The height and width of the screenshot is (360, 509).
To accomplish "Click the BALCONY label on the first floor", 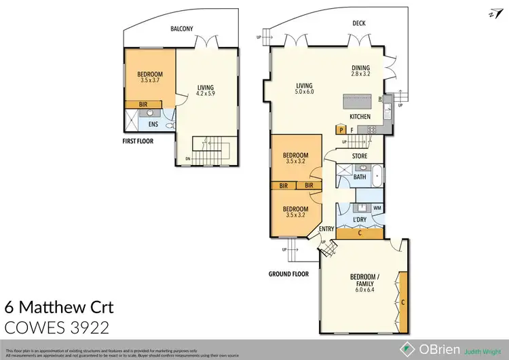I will (183, 28).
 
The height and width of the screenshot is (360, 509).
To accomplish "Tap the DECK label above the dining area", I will (360, 22).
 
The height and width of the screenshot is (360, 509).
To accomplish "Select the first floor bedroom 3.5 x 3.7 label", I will (149, 77).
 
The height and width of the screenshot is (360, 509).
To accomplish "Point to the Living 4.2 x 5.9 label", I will (206, 91).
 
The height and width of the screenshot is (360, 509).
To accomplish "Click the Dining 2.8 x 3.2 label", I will (360, 71).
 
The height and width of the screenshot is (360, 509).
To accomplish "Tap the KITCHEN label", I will (360, 117).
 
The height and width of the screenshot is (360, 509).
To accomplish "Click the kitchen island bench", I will (360, 103).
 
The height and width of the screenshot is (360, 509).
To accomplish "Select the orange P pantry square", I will (341, 129).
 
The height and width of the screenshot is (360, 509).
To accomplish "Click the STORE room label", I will (360, 156).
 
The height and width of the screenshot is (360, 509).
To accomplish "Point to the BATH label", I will (359, 177).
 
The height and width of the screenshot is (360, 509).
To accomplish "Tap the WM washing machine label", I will (377, 208).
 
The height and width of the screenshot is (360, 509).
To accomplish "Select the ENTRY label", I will (326, 229).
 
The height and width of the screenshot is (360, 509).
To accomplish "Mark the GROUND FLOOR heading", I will (288, 274).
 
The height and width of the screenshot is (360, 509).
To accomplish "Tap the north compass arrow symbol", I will (491, 12).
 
